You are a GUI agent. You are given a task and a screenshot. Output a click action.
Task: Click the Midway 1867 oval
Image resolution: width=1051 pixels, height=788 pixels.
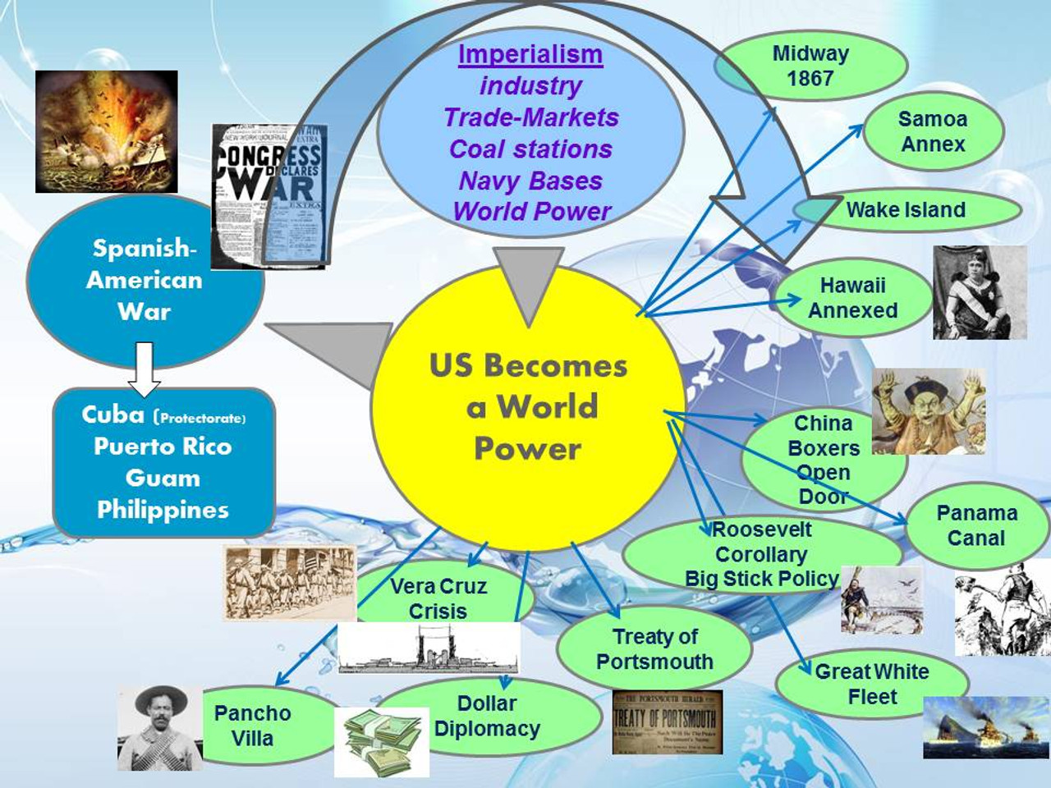810,66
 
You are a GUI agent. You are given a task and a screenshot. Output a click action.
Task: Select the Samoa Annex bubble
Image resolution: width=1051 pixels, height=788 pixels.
933,131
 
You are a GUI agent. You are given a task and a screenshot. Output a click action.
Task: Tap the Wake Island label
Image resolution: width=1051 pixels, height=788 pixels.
906,210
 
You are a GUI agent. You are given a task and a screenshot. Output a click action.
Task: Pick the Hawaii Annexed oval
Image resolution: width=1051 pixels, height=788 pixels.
852,298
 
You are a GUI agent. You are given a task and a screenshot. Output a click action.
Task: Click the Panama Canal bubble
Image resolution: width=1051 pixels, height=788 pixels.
976,525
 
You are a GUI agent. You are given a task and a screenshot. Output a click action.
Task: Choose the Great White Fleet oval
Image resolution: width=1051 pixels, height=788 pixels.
871,684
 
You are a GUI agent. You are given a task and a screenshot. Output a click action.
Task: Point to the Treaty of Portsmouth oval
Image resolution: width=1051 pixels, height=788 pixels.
654,648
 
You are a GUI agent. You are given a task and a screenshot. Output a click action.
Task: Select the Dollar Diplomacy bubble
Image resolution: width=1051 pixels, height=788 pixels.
487,716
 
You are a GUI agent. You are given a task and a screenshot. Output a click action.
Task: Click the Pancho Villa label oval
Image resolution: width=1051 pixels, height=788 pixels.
253,726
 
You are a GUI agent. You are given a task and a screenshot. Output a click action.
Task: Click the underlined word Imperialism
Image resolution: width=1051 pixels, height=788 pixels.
530,55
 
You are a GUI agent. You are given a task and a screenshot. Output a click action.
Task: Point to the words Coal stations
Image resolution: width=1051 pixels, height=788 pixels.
530,149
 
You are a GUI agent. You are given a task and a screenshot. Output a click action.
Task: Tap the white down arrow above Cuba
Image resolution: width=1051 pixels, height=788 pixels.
145,369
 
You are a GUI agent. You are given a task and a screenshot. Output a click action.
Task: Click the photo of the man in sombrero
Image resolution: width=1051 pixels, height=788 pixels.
159,727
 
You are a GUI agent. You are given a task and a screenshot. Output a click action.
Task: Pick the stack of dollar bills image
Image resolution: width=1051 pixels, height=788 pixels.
382,741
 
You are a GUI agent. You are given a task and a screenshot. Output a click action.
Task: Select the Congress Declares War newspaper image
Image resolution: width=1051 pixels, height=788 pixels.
268,195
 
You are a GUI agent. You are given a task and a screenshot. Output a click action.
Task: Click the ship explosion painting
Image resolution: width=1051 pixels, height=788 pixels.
107,131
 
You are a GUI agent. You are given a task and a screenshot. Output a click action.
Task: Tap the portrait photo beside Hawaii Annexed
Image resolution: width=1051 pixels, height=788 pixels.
980,292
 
